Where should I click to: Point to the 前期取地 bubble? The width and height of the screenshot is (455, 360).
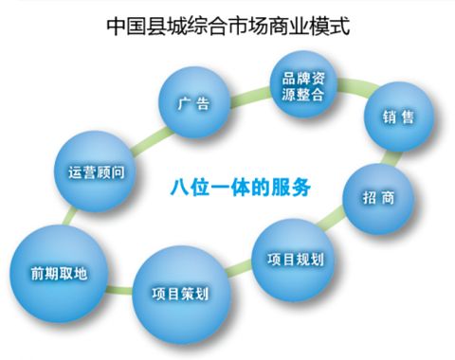59,273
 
